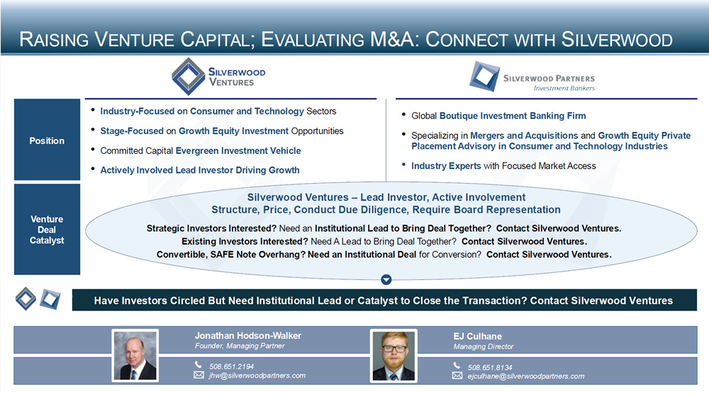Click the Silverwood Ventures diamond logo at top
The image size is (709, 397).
click(x=189, y=77)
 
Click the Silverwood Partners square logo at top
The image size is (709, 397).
click(x=485, y=77)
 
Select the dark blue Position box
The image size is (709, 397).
click(x=47, y=140)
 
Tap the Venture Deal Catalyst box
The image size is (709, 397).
click(x=47, y=229)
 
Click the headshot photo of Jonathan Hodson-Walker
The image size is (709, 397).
click(x=135, y=355)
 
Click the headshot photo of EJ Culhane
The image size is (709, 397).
click(x=393, y=356)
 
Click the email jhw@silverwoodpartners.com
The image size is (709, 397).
click(x=257, y=375)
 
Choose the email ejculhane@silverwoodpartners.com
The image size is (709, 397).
click(x=526, y=376)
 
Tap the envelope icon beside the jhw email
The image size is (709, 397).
click(x=199, y=375)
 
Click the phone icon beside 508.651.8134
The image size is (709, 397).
click(x=457, y=365)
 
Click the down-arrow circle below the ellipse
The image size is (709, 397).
click(x=386, y=280)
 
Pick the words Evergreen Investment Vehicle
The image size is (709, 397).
click(x=238, y=150)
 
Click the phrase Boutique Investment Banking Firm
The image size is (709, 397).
click(x=513, y=116)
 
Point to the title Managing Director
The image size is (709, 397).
click(x=484, y=347)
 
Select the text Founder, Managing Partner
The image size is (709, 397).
click(x=240, y=346)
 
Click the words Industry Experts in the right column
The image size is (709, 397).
click(x=446, y=166)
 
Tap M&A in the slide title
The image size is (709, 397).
click(x=391, y=39)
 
